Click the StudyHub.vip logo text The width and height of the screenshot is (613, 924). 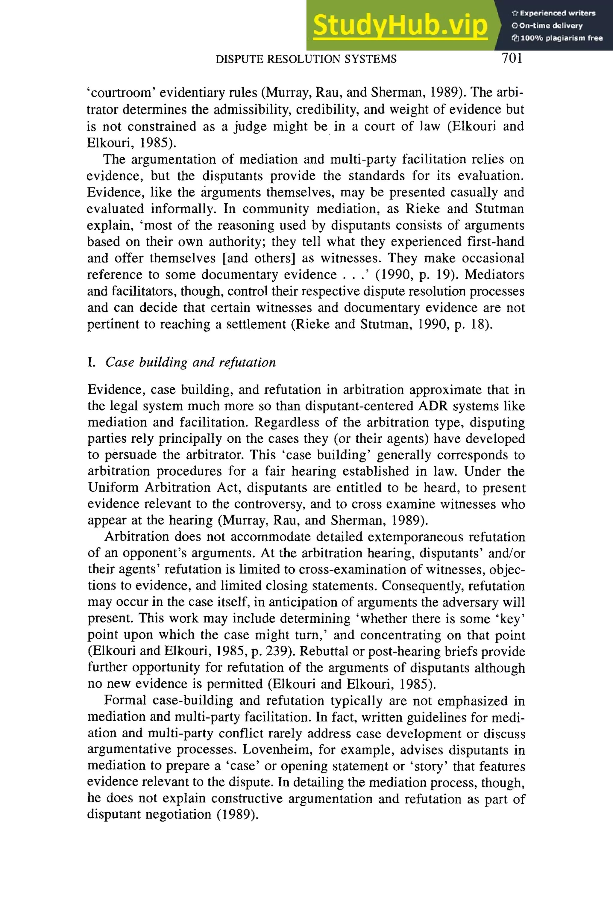(400, 25)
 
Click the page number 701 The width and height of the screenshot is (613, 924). (512, 58)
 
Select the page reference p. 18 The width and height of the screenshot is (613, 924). (471, 324)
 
